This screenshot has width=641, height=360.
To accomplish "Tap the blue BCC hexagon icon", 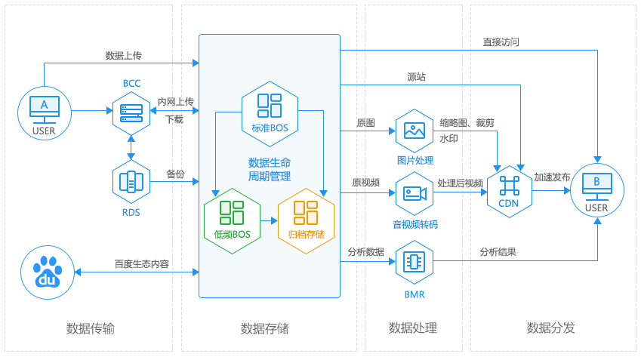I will [x=131, y=110].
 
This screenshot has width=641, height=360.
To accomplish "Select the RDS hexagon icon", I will [x=131, y=181].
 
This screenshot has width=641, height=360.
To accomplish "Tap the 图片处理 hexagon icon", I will [x=414, y=131].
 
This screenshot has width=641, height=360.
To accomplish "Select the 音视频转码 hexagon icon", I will [x=414, y=194].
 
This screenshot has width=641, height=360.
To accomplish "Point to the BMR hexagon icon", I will [x=414, y=263].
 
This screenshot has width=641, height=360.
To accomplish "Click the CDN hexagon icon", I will [x=510, y=189].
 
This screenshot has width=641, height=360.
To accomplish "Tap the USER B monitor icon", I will [x=596, y=189].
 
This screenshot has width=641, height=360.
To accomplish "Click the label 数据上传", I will [x=124, y=56].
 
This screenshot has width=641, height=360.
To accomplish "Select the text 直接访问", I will [x=501, y=42].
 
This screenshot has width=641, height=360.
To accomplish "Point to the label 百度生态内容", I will [x=142, y=264].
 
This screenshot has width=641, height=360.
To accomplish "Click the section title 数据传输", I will [x=91, y=328].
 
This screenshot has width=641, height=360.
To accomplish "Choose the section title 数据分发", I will [x=550, y=328].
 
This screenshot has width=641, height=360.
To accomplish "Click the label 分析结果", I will [x=498, y=252].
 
